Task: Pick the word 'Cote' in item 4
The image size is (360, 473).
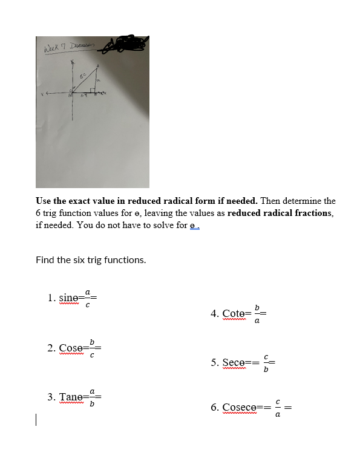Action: [x=233, y=314]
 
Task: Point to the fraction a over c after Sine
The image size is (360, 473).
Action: [x=88, y=298]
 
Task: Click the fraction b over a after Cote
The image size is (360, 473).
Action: [x=257, y=314]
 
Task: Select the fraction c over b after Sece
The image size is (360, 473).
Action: [x=266, y=363]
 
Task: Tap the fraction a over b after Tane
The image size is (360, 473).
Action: [x=92, y=397]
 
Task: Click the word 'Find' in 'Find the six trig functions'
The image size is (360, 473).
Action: [x=45, y=260]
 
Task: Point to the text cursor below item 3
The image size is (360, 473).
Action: [x=37, y=420]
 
